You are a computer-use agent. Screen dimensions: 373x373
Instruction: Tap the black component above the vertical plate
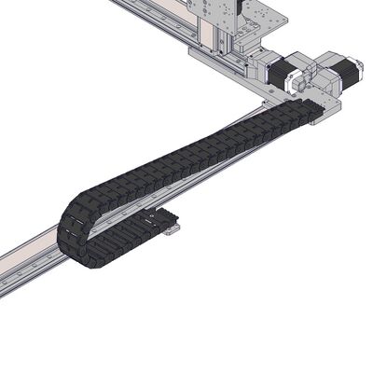coord(241,5)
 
